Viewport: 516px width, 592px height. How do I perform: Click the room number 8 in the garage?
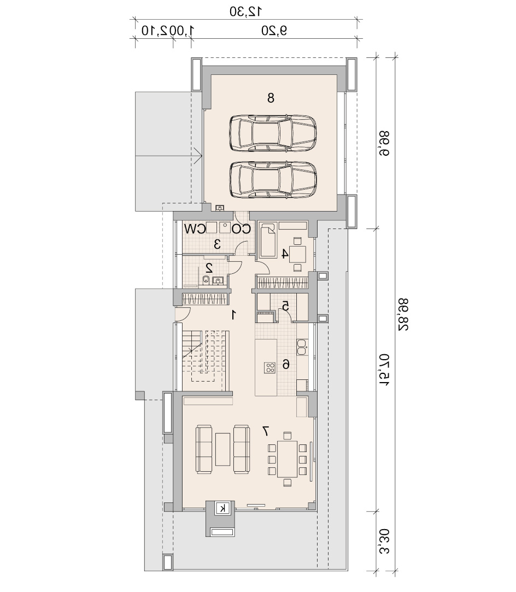[x=271, y=98]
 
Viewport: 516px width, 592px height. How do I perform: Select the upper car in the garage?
[x=273, y=134]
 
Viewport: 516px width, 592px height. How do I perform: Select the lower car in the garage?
[x=273, y=180]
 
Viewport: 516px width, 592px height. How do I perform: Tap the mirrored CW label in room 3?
[x=195, y=229]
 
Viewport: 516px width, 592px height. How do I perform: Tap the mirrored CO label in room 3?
[x=241, y=229]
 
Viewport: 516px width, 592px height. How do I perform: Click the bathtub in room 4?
[x=268, y=241]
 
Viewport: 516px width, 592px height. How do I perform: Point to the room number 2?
[x=209, y=268]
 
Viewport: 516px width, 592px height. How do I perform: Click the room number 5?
[x=286, y=306]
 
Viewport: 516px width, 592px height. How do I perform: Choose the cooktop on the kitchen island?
[x=270, y=367]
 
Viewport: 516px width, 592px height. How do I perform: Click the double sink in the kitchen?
[x=302, y=347]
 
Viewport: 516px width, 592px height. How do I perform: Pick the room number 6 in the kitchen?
[x=286, y=365]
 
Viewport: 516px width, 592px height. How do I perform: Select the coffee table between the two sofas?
[x=222, y=449]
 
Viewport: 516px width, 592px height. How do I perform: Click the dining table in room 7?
[x=288, y=459]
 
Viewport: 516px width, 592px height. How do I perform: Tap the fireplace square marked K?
[x=222, y=508]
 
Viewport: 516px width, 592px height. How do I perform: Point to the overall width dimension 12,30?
[x=246, y=11]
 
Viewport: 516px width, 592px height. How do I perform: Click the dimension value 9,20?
[x=274, y=30]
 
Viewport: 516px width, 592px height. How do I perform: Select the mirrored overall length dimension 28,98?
[x=403, y=314]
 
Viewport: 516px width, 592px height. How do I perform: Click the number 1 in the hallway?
[x=234, y=314]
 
